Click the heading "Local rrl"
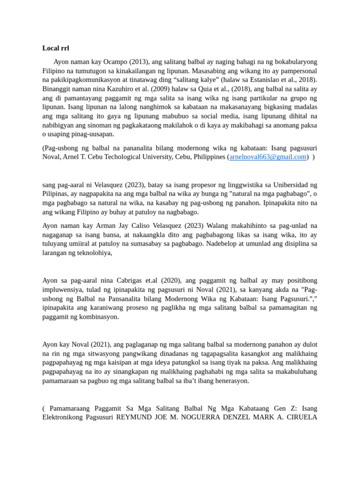point(56,48)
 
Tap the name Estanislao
point(260,80)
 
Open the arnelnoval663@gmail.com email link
point(268,157)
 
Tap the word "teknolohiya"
point(95,253)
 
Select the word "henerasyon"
point(229,381)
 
